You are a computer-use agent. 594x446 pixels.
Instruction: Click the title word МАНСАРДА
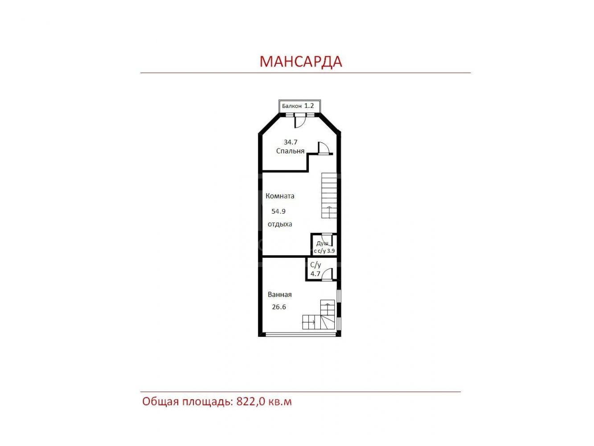click(x=301, y=62)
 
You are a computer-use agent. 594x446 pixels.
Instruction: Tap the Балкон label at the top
click(x=291, y=106)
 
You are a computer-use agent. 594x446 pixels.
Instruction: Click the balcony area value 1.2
click(x=309, y=106)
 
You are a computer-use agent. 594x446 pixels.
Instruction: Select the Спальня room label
click(x=290, y=151)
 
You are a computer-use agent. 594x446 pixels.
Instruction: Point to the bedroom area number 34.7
click(x=291, y=142)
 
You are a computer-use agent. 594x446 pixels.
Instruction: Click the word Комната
click(x=280, y=196)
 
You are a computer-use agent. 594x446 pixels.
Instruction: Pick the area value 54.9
click(x=279, y=211)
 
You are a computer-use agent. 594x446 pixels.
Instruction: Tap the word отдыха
click(x=280, y=224)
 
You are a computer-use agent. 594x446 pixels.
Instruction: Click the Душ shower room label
click(x=322, y=244)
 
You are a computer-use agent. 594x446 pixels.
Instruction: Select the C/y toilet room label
click(x=315, y=265)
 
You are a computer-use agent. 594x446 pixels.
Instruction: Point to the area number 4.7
click(x=315, y=274)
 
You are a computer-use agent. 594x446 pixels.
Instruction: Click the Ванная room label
click(x=279, y=295)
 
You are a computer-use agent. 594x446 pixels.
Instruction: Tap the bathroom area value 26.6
click(x=279, y=307)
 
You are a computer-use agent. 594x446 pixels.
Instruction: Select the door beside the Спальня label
click(x=324, y=148)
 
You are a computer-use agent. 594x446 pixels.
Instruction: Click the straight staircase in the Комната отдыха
click(x=329, y=195)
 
